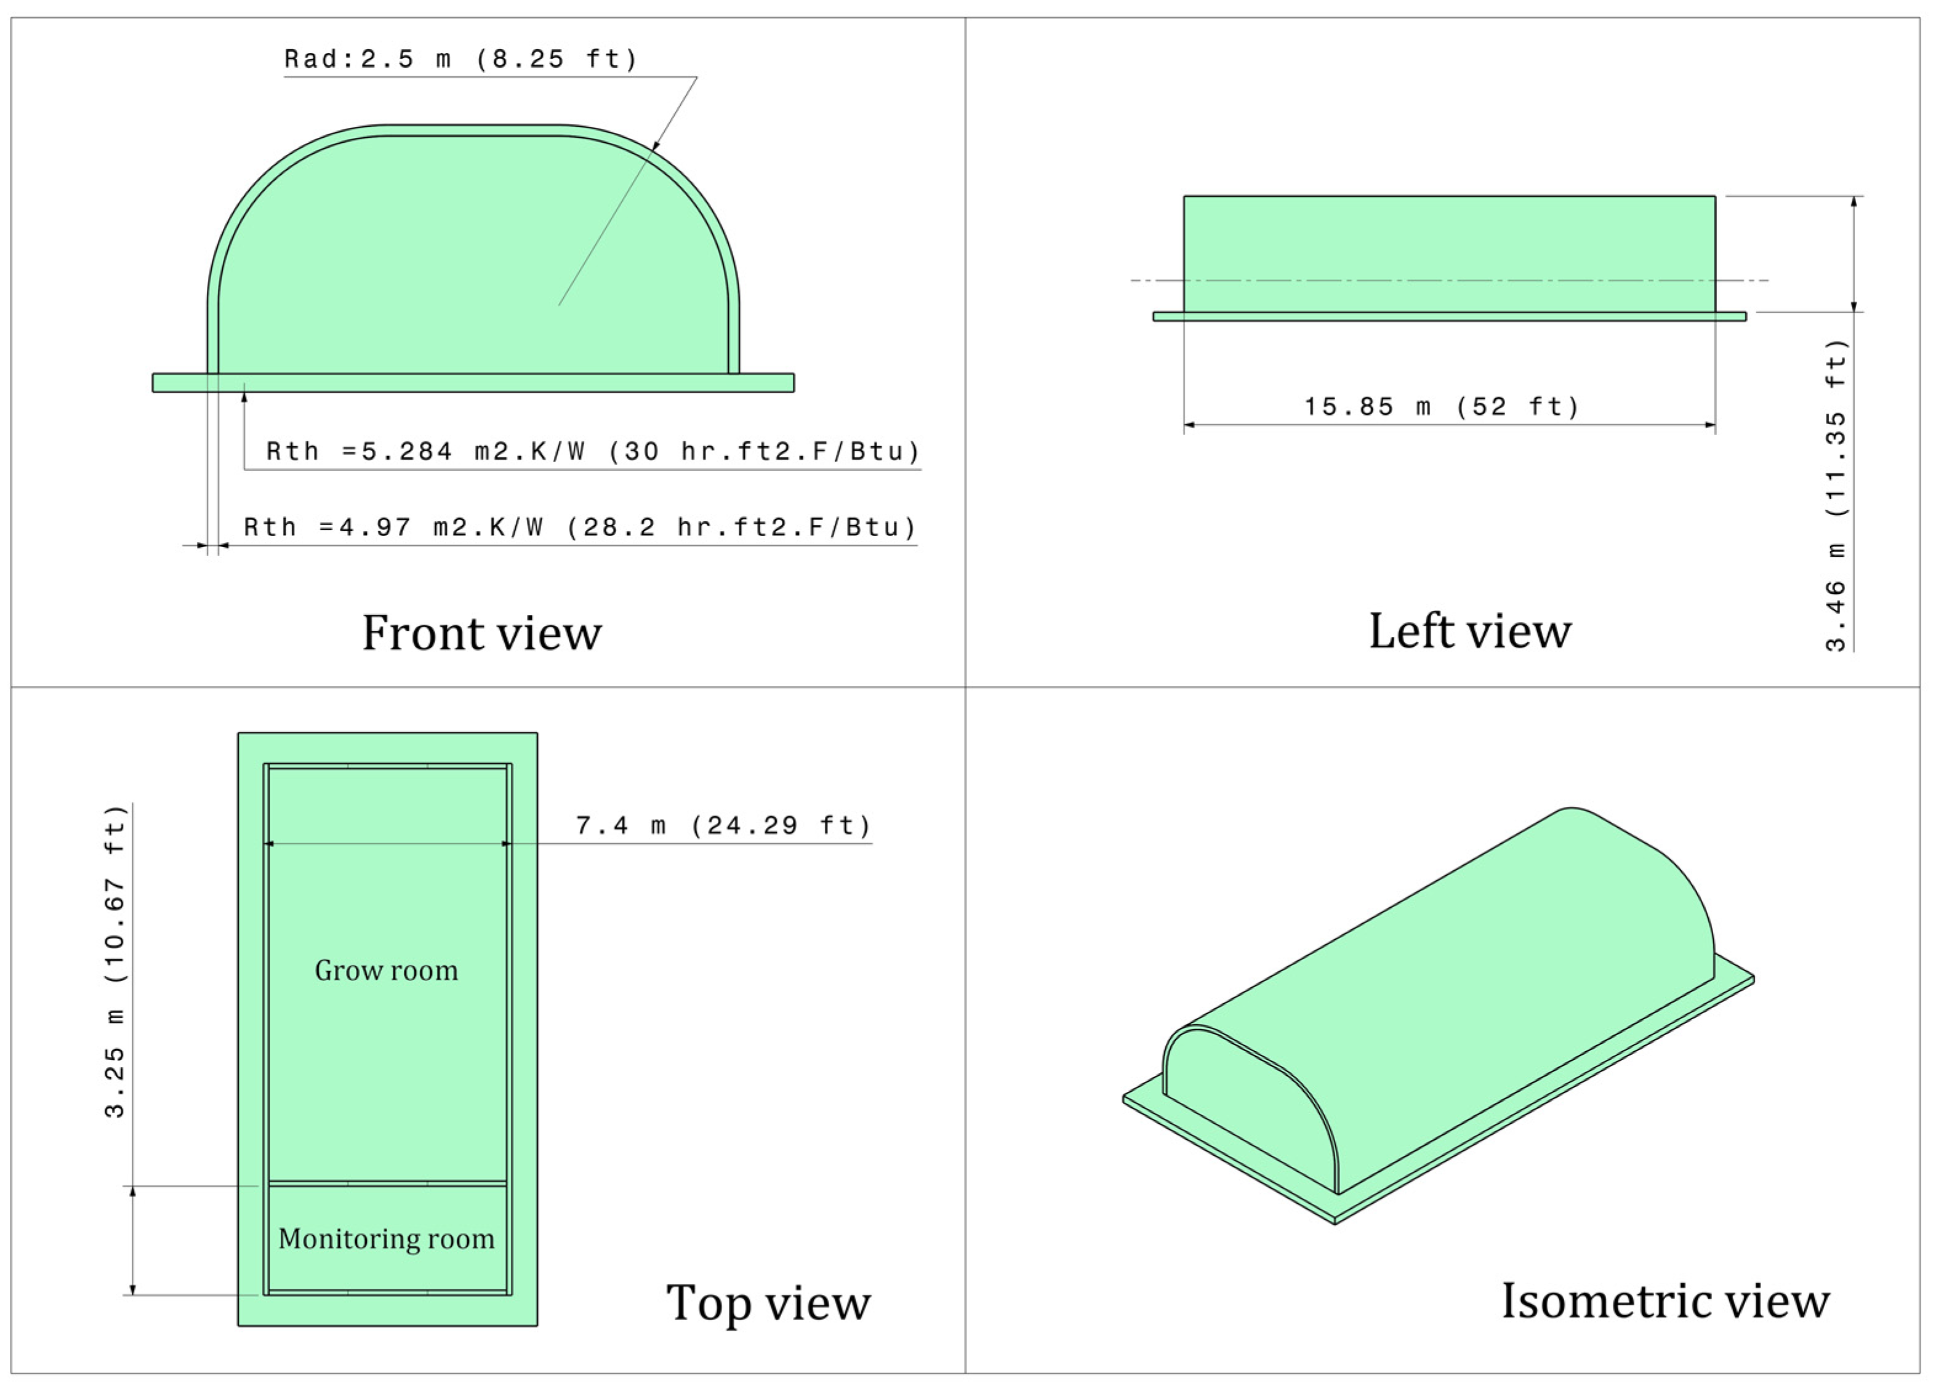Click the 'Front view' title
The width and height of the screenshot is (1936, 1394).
pos(481,633)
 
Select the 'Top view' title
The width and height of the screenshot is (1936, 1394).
pos(768,1304)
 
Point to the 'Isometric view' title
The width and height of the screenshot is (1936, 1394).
pos(1665,1301)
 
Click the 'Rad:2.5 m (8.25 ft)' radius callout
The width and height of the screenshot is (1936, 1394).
pos(461,60)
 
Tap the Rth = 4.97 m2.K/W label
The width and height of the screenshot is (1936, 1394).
pos(580,527)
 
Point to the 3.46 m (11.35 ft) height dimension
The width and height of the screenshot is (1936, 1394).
pos(1834,495)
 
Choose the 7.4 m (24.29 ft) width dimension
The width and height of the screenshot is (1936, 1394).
pos(723,825)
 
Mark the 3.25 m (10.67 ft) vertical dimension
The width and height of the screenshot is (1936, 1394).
pos(114,960)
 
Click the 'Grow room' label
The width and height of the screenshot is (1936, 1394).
pos(387,971)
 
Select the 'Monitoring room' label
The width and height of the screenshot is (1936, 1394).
pos(387,1239)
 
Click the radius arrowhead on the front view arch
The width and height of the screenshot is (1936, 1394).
pos(656,147)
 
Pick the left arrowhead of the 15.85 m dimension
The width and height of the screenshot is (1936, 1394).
pos(1189,424)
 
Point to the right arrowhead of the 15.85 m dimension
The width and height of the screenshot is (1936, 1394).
pos(1710,424)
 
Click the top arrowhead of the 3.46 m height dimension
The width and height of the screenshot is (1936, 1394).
pos(1853,201)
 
